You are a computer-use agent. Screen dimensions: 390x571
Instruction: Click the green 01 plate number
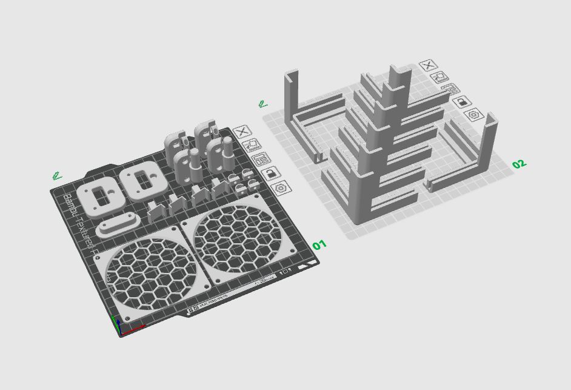[x=319, y=245]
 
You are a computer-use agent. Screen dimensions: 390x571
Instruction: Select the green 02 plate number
[x=519, y=164]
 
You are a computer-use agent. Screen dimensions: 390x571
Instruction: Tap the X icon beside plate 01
[x=242, y=131]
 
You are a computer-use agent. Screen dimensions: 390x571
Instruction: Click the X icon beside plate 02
[x=428, y=66]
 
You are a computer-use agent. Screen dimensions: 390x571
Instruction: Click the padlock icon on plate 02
[x=462, y=101]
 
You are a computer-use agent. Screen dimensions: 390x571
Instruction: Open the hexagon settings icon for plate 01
[x=281, y=189]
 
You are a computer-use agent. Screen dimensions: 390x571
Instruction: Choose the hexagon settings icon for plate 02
[x=473, y=114]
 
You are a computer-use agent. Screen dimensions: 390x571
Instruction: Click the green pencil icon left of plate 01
[x=57, y=177]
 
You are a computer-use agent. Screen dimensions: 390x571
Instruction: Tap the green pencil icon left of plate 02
[x=262, y=104]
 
